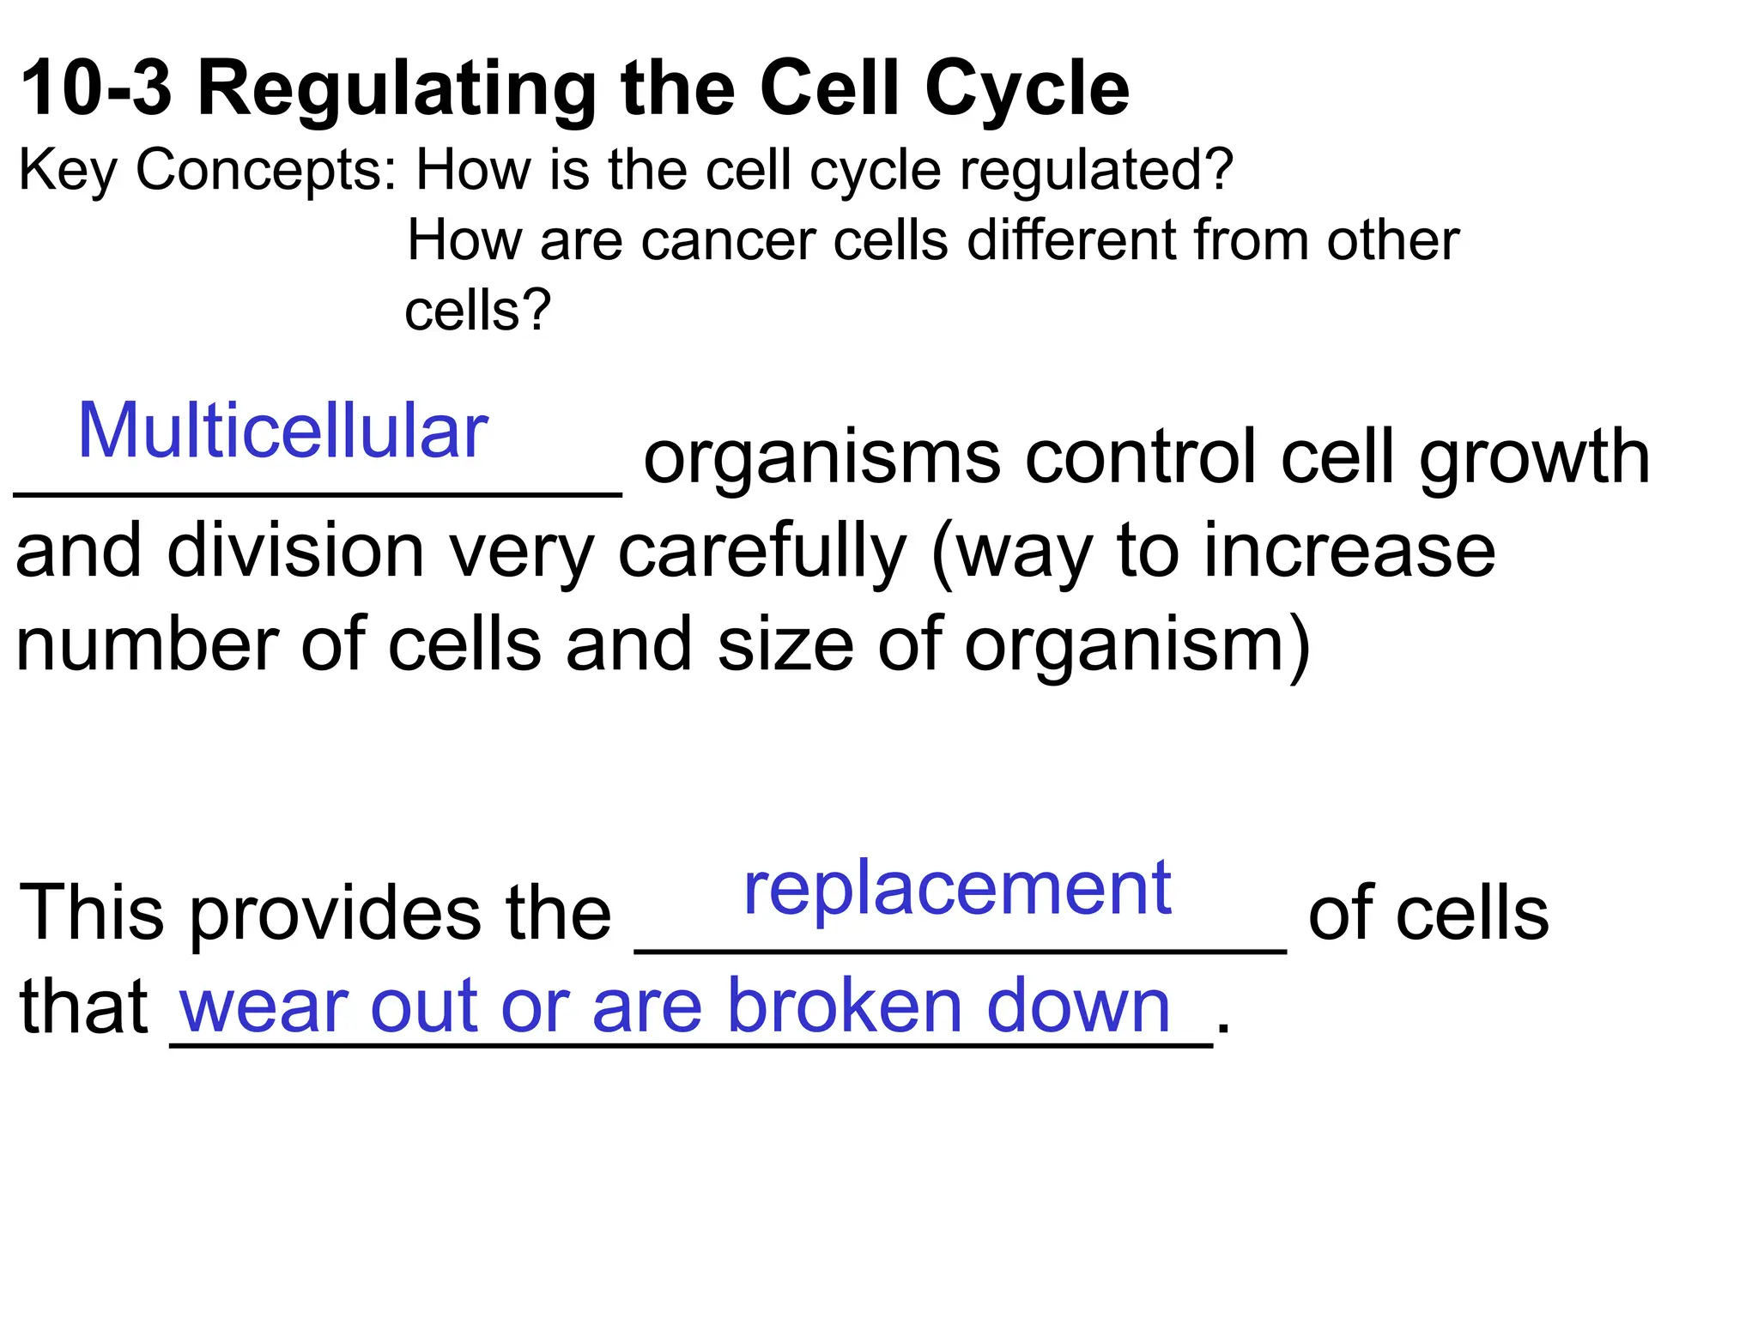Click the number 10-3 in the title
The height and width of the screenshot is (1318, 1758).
95,88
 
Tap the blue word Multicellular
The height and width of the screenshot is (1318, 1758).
282,432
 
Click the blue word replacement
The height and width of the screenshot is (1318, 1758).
957,890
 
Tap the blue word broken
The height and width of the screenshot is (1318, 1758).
846,1007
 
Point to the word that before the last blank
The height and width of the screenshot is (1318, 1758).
83,1007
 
